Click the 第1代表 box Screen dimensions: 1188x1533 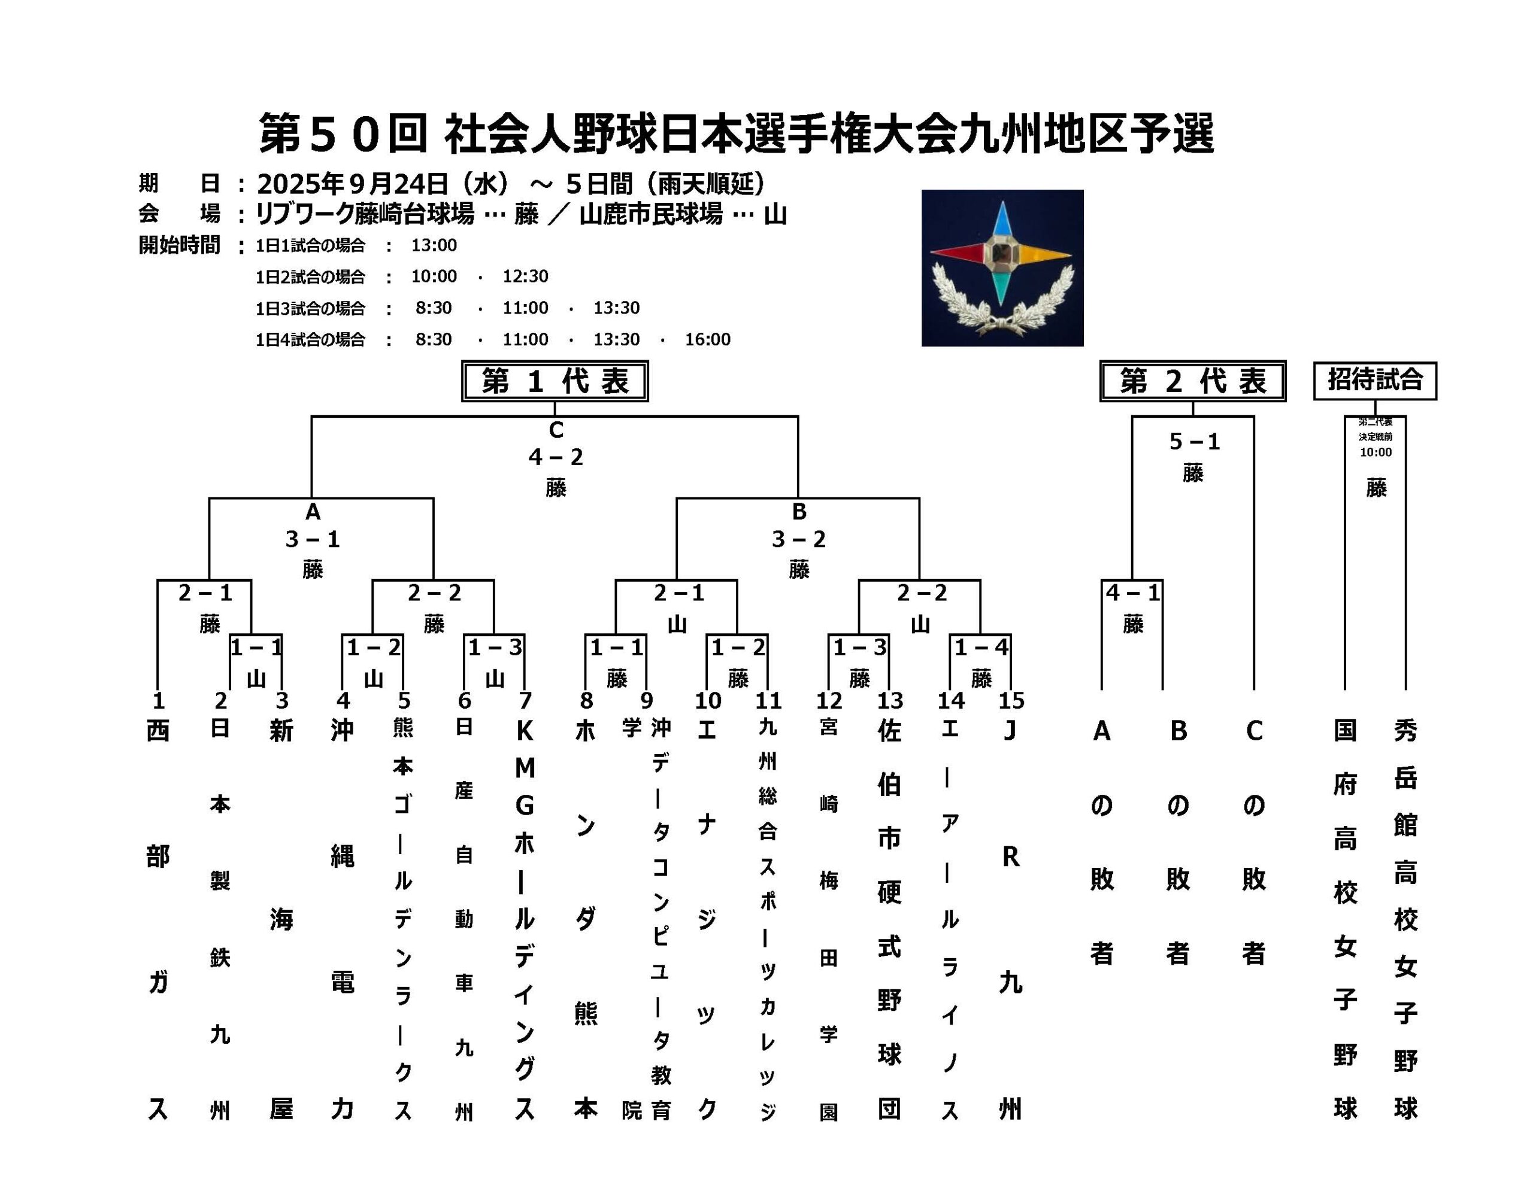click(x=555, y=381)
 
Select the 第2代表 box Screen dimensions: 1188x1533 click(x=1193, y=381)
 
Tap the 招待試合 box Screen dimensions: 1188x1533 click(x=1375, y=380)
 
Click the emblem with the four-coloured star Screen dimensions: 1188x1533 click(x=1002, y=268)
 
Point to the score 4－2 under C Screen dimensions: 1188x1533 click(x=556, y=457)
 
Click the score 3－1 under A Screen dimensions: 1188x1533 click(x=313, y=539)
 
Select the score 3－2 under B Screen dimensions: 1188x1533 click(x=799, y=539)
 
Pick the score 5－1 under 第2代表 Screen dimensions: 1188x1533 click(x=1194, y=441)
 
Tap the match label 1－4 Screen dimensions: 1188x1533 click(x=981, y=647)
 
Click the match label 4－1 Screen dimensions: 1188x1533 click(x=1133, y=593)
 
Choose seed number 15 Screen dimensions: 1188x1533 click(x=1011, y=700)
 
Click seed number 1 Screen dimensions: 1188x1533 click(x=159, y=700)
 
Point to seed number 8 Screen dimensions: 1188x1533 click(x=586, y=700)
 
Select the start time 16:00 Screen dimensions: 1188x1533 click(x=708, y=339)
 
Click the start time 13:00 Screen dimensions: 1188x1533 click(x=434, y=245)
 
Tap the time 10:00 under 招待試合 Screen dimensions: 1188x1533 click(x=1375, y=452)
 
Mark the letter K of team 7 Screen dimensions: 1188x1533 click(x=525, y=731)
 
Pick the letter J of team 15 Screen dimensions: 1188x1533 click(x=1010, y=731)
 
